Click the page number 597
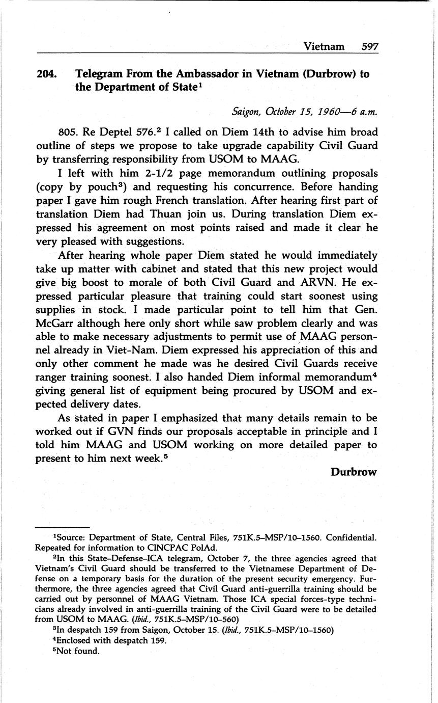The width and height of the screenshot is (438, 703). pos(370,46)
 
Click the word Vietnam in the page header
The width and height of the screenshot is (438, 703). pos(324,46)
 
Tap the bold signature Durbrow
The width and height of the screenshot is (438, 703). pos(354,472)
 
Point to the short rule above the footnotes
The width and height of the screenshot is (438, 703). pos(63,527)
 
